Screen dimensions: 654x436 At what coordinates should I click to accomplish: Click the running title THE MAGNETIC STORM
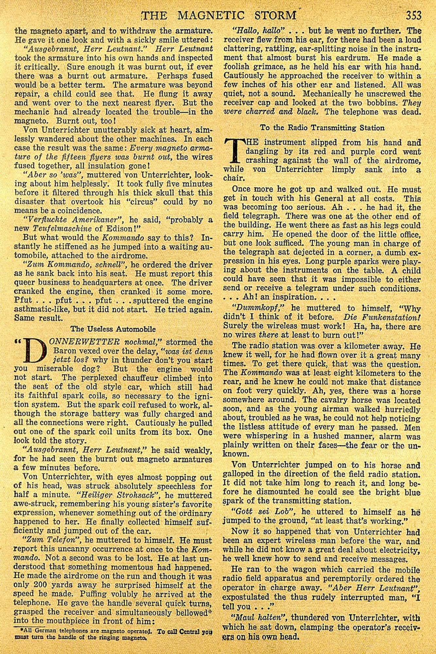[220, 16]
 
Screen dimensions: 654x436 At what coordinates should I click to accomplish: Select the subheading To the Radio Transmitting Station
[322, 128]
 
